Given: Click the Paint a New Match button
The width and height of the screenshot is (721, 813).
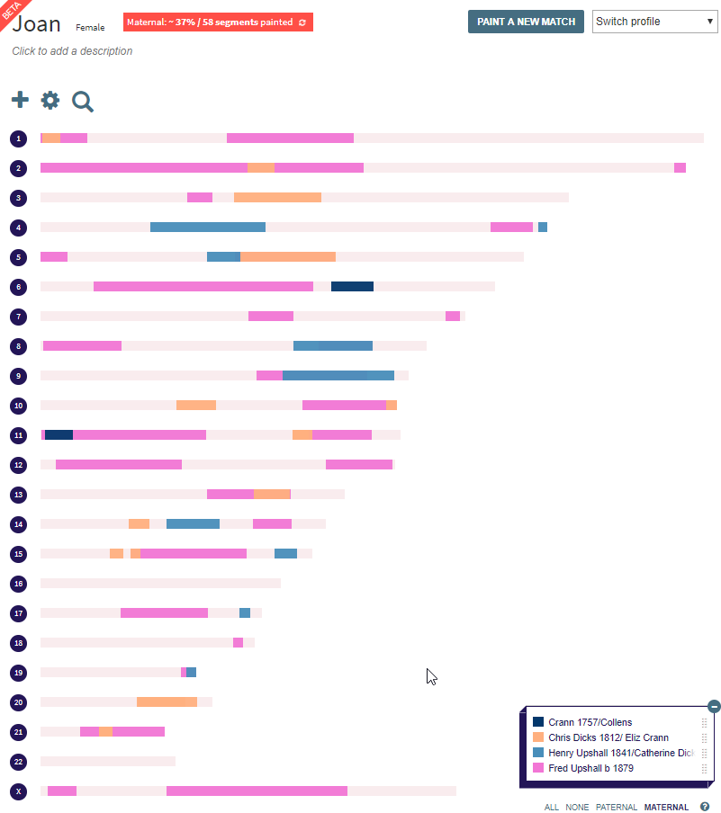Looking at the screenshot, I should pos(526,22).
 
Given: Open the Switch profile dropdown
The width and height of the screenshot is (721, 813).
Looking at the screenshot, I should pos(653,22).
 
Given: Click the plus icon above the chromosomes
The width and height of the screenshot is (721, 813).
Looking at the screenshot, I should pos(20,100).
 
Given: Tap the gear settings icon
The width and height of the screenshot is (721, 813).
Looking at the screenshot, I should pos(50,101).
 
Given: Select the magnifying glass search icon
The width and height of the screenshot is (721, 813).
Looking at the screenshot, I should pos(83,102).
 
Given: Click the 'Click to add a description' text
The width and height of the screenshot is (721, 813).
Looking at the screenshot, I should pos(72,51).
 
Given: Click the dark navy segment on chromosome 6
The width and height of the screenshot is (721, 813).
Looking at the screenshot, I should pos(352,287).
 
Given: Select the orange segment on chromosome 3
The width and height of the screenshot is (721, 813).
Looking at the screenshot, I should pos(277,198).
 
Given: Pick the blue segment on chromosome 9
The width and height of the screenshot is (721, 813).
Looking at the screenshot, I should pos(338,376).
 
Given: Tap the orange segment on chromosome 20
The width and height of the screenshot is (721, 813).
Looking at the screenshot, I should pos(167,702).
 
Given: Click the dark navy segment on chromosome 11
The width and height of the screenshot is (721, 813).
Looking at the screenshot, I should pos(59,435).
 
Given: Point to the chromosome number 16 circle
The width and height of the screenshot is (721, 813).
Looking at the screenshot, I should pos(19,584).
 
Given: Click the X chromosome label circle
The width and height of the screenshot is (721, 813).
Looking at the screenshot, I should pos(19,791).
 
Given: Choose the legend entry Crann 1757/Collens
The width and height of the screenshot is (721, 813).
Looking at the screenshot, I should pos(590,722).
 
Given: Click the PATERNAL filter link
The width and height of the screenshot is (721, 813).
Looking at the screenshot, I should pos(616,808).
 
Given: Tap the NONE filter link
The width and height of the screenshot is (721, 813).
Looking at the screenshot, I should pos(577,808).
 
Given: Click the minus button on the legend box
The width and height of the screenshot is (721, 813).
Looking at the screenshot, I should pos(714,707).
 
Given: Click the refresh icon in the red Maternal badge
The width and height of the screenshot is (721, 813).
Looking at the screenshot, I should pos(302,22).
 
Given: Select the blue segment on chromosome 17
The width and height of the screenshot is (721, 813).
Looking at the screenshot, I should pos(245,613).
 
